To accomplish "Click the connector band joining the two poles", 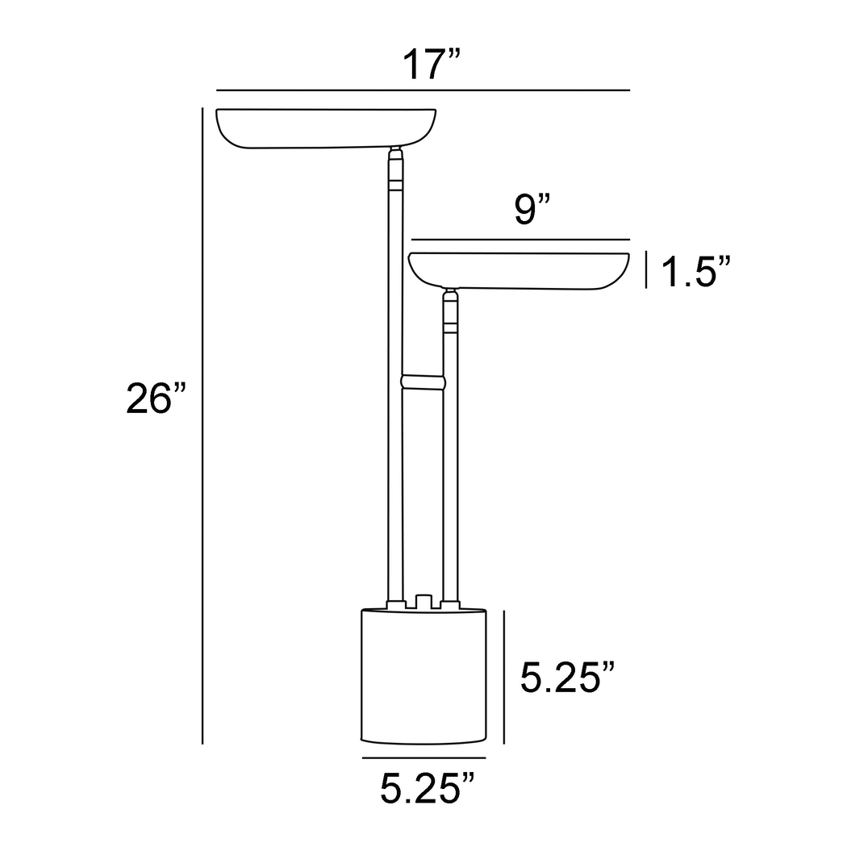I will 423,382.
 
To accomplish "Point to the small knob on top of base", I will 423,602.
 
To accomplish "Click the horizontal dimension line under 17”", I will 423,90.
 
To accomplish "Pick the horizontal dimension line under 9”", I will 519,240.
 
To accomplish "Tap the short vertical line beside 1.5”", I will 647,270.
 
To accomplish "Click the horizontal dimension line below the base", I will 424,759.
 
